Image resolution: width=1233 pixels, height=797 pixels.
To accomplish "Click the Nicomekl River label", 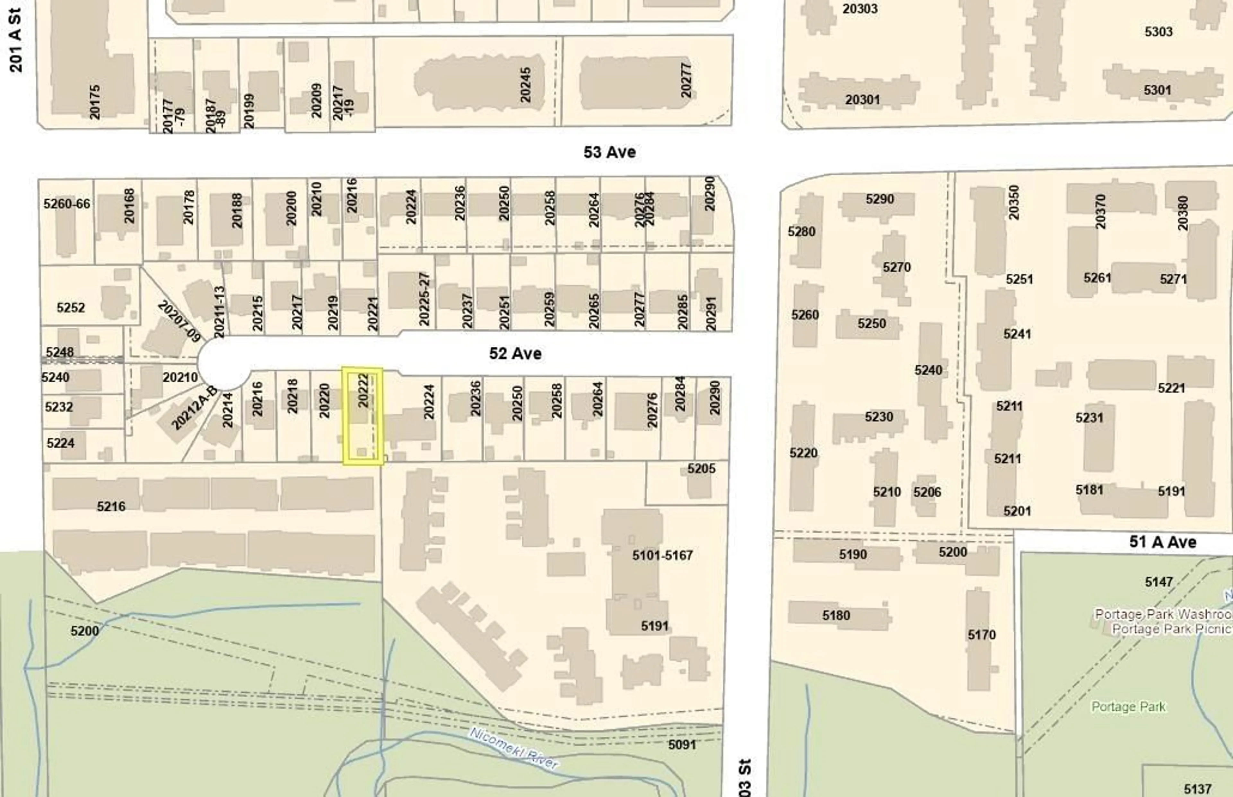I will [513, 748].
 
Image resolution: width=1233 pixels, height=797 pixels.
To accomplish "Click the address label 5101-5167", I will [662, 555].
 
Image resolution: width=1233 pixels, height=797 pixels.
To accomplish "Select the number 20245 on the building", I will [525, 84].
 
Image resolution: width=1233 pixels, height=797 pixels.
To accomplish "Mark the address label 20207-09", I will [178, 321].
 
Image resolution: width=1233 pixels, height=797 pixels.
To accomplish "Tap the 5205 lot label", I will [701, 468].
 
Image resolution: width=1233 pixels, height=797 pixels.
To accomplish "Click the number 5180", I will [836, 615].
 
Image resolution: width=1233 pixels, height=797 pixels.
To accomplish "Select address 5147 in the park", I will [1159, 582].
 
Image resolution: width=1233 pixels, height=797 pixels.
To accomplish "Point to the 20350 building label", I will [1013, 202].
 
